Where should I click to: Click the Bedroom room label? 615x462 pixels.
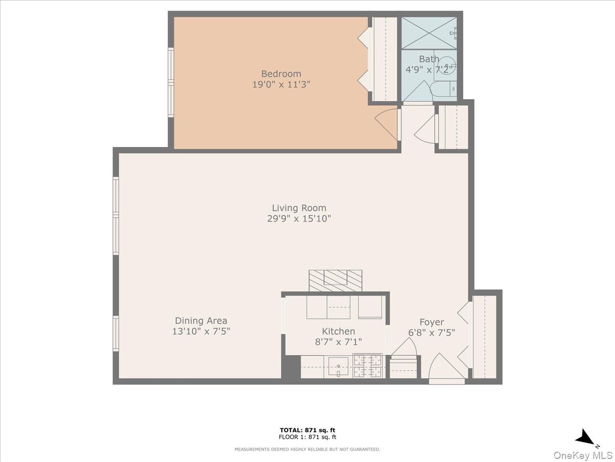pyautogui.click(x=281, y=73)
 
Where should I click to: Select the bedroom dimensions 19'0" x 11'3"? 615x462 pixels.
pyautogui.click(x=281, y=85)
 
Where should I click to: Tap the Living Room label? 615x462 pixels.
pyautogui.click(x=299, y=208)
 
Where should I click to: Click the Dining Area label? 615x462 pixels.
pyautogui.click(x=201, y=321)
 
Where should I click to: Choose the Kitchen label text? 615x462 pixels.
pyautogui.click(x=338, y=332)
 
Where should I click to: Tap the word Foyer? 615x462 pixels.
pyautogui.click(x=432, y=322)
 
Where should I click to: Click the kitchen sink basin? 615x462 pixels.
pyautogui.click(x=338, y=367)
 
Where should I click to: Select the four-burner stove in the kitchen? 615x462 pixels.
pyautogui.click(x=368, y=367)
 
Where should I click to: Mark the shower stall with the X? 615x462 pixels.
pyautogui.click(x=428, y=33)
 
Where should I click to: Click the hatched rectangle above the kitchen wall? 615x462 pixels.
pyautogui.click(x=335, y=280)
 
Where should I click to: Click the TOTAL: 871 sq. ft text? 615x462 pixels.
pyautogui.click(x=307, y=430)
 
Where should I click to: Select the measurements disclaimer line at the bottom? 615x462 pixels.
pyautogui.click(x=307, y=449)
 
